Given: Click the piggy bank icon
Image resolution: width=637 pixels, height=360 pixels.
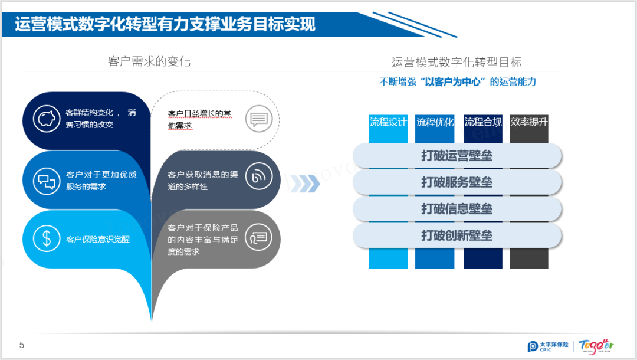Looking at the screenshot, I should pos(45,118).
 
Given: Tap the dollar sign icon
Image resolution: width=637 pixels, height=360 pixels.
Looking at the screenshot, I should pos(45,238).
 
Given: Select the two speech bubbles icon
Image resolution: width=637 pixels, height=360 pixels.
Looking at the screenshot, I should pos(45,181).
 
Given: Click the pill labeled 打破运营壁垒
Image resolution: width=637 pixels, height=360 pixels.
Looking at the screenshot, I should pos(457,156).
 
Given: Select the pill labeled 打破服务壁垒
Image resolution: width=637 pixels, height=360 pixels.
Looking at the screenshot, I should pos(457,182).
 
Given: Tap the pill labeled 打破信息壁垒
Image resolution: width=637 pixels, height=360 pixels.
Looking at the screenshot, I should pos(457,209).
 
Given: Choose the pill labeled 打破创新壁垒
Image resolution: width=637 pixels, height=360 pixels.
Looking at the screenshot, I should pos(457,235).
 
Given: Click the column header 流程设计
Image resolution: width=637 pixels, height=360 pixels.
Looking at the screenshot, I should pos(388,123).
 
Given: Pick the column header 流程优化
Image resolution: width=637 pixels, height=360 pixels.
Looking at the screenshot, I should pos(435,123).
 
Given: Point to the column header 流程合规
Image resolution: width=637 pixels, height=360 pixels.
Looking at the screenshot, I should pos(482,123).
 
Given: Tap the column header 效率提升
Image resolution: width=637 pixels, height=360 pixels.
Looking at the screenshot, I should pos(529,123).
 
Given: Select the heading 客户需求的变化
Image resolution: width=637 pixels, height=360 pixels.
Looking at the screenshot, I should pos(149,61).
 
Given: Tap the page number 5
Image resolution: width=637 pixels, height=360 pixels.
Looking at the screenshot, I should pos(22,345).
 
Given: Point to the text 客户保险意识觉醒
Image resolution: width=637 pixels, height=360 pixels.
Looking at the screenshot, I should pos(98,239).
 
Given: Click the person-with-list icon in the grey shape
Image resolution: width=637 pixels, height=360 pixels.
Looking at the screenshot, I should pos(258,237).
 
